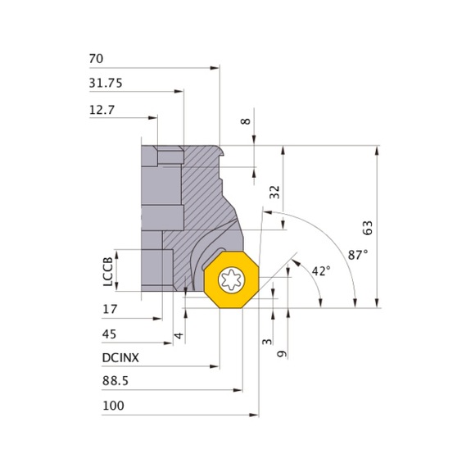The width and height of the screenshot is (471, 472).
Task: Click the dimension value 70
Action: point(95,59)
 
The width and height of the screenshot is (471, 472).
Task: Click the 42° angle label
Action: point(320,270)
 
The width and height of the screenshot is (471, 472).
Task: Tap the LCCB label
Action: point(107,270)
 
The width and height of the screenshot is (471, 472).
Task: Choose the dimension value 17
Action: point(109,309)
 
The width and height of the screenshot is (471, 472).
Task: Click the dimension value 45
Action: point(110,334)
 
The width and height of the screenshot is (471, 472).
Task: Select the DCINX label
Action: point(120,357)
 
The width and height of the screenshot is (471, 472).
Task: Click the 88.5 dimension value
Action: point(115,382)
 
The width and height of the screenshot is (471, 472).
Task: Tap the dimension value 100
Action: point(112,406)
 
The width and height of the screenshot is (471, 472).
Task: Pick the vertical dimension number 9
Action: point(281,354)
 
